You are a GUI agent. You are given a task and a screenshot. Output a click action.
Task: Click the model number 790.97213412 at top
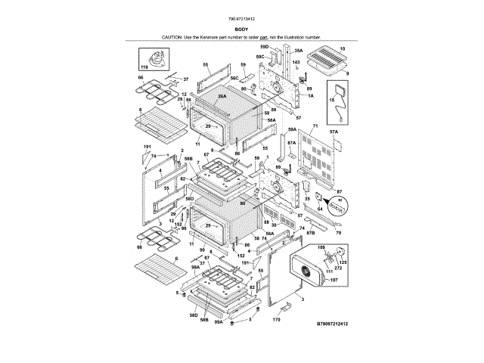[x=241, y=20]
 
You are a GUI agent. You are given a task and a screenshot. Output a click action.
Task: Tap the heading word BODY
[x=241, y=29]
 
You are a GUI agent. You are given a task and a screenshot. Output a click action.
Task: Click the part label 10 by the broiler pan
[x=342, y=48]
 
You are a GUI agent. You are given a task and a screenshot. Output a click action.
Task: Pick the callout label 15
[x=330, y=98]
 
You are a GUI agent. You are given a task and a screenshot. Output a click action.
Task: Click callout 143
[x=296, y=60]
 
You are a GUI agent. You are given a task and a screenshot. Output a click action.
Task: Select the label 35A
[x=299, y=50]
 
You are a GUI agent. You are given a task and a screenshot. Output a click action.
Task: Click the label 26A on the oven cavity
[x=222, y=96]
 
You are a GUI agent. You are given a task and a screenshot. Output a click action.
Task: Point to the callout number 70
[x=338, y=233]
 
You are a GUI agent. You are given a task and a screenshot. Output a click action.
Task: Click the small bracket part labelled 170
[x=284, y=306]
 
